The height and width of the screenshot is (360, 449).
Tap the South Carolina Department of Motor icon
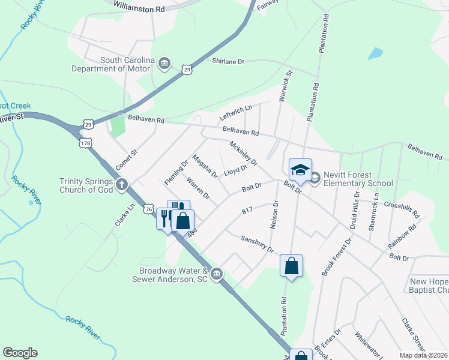[165, 64]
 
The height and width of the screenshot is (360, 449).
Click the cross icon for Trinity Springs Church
[122, 184]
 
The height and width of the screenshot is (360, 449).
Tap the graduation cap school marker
[300, 169]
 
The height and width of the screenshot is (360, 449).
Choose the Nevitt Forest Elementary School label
[358, 179]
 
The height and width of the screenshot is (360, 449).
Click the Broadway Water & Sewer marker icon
[217, 275]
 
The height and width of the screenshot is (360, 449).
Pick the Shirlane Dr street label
[229, 61]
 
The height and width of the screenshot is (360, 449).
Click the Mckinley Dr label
[243, 153]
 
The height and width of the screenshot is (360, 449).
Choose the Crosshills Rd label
[401, 208]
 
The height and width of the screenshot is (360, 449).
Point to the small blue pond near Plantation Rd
[375, 53]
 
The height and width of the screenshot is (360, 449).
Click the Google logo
[20, 353]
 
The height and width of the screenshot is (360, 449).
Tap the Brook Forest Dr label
[336, 257]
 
